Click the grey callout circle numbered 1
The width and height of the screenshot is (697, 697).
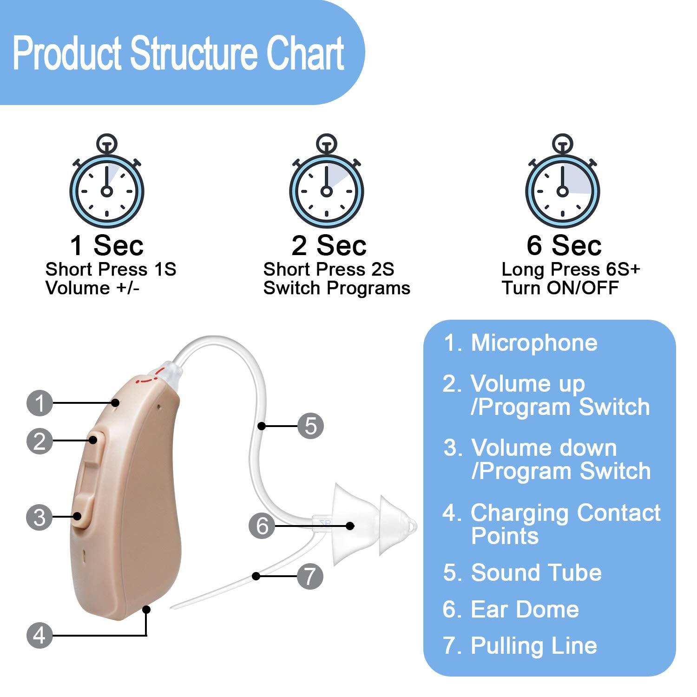[x=40, y=402]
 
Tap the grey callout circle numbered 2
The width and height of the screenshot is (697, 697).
[x=40, y=441]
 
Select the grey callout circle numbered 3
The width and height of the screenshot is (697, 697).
[x=40, y=517]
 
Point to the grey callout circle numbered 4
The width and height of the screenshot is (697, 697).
[x=40, y=635]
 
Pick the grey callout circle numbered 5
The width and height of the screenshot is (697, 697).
[x=310, y=425]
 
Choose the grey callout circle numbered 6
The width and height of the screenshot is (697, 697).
[x=263, y=526]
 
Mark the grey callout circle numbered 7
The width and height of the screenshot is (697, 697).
[x=309, y=576]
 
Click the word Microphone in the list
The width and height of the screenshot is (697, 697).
[x=534, y=343]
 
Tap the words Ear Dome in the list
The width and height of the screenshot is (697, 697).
[x=525, y=609]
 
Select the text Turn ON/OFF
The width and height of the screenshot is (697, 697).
[x=560, y=288]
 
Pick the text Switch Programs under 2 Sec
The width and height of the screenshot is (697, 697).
[x=336, y=288]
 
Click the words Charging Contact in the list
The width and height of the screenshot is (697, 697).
[x=565, y=513]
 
